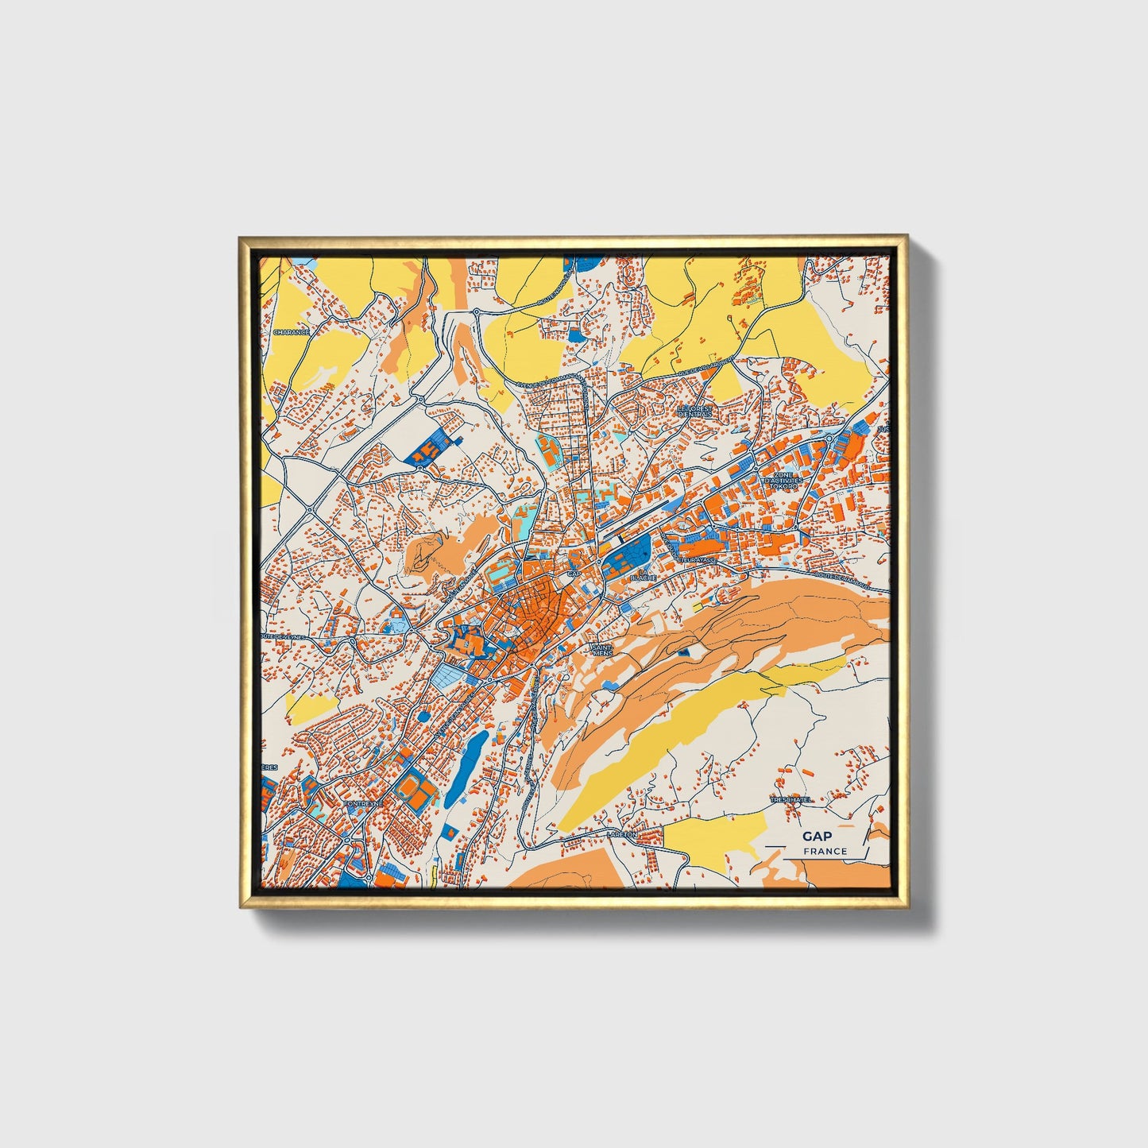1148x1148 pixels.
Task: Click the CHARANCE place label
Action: pos(290,332)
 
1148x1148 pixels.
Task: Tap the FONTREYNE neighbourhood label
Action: pos(363,803)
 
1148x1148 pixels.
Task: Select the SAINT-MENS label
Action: pos(602,650)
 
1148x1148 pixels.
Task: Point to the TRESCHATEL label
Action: pos(790,800)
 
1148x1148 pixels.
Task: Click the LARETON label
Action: pos(621,835)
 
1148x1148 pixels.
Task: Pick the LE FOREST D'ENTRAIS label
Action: pos(696,411)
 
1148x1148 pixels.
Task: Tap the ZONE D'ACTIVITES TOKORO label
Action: pos(783,480)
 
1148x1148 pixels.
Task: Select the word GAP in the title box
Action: pos(818,836)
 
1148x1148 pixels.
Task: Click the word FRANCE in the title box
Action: pos(825,851)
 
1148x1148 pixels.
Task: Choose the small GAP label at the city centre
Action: pos(574,573)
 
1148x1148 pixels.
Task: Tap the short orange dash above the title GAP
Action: pos(846,825)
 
